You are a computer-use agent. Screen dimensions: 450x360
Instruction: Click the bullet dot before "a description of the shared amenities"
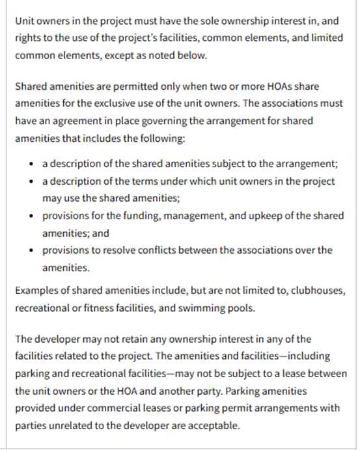[33, 164]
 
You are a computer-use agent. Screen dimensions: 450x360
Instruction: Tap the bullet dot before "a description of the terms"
[33, 181]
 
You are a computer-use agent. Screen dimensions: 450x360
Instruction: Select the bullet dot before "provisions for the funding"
[33, 215]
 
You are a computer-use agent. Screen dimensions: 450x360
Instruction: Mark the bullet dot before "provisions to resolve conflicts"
[33, 250]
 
